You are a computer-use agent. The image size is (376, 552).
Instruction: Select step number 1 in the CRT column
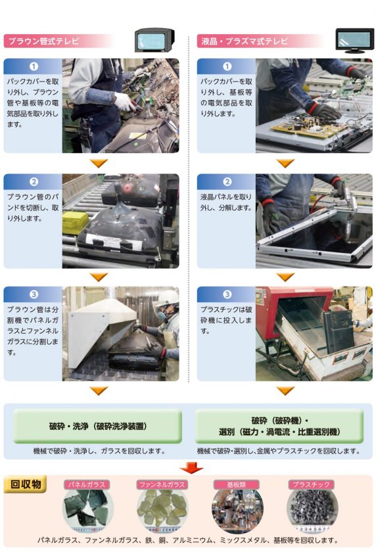(34, 66)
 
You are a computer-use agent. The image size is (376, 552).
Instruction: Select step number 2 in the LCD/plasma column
(227, 182)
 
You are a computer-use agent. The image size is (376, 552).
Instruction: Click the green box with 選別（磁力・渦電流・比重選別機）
(279, 426)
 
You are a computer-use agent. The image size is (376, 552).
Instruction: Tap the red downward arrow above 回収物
(191, 468)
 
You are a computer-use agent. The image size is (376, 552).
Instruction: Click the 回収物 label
(26, 484)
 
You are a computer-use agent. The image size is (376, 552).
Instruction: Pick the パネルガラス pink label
(87, 484)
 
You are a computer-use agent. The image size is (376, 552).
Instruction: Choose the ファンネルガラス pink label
(162, 484)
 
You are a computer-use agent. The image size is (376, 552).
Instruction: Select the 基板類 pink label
(237, 484)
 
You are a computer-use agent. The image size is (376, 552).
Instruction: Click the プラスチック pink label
(312, 484)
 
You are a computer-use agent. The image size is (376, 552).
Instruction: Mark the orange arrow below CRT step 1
(99, 163)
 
